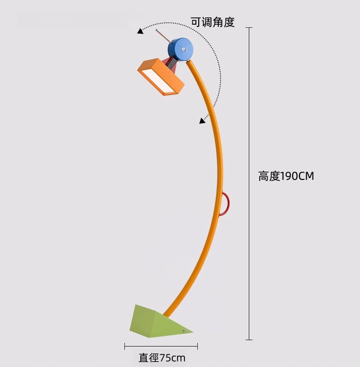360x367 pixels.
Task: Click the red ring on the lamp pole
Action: click(225, 204)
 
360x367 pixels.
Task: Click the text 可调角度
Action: click(212, 21)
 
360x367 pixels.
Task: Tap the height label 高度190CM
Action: click(286, 176)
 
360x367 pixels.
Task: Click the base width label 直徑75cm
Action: click(162, 357)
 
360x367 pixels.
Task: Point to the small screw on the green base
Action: click(184, 331)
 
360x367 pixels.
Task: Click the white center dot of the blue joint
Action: click(183, 49)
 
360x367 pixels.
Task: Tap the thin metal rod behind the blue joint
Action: click(162, 35)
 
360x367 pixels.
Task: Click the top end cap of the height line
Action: click(249, 28)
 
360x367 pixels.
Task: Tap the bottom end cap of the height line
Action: click(249, 339)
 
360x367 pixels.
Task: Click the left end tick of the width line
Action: click(125, 347)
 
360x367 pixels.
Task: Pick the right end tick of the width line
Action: click(197, 347)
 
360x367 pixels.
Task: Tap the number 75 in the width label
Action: click(165, 357)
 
